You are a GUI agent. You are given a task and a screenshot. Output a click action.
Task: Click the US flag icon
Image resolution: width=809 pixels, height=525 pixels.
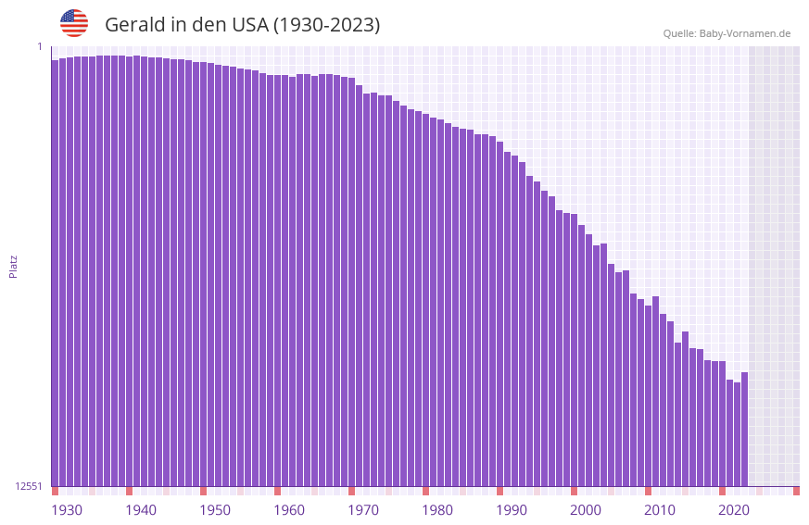(x=74, y=23)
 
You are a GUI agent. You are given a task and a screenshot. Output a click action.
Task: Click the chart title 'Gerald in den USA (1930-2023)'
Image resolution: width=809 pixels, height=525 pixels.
(x=242, y=25)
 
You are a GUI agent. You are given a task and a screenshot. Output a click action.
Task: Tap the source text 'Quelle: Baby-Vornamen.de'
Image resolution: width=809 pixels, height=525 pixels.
(x=727, y=33)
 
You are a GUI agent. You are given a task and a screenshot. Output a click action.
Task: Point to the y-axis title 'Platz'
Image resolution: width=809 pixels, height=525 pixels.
(x=13, y=267)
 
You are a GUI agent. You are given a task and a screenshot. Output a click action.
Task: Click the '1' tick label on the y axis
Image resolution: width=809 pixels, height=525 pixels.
(x=39, y=46)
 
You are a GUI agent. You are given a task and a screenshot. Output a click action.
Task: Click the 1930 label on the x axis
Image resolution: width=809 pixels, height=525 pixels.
(x=67, y=510)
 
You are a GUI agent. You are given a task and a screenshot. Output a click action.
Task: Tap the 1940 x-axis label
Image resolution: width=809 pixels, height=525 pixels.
(x=141, y=510)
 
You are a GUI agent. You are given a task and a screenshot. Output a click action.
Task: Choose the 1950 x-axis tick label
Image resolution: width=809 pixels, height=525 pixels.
(x=215, y=510)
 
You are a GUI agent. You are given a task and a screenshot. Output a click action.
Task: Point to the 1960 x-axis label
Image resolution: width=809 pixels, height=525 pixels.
(x=289, y=510)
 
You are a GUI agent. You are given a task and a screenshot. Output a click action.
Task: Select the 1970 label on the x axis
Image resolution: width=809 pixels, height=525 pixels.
(x=363, y=510)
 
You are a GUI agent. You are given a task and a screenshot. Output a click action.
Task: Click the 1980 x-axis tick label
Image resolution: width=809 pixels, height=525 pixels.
(x=437, y=510)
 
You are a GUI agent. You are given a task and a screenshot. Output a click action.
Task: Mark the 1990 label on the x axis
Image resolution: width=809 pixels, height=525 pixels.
(x=512, y=510)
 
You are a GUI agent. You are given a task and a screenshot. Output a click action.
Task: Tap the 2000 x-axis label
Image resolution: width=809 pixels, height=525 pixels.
(x=586, y=510)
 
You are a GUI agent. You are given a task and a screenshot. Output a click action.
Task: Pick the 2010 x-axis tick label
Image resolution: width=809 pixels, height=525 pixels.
(x=660, y=510)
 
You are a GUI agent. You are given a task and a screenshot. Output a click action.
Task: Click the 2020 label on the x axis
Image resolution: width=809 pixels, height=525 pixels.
(x=734, y=510)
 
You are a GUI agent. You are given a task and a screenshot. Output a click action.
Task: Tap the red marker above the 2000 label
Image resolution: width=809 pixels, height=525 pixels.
(x=574, y=491)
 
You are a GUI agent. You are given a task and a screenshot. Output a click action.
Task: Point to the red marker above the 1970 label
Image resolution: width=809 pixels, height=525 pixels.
(x=351, y=491)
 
